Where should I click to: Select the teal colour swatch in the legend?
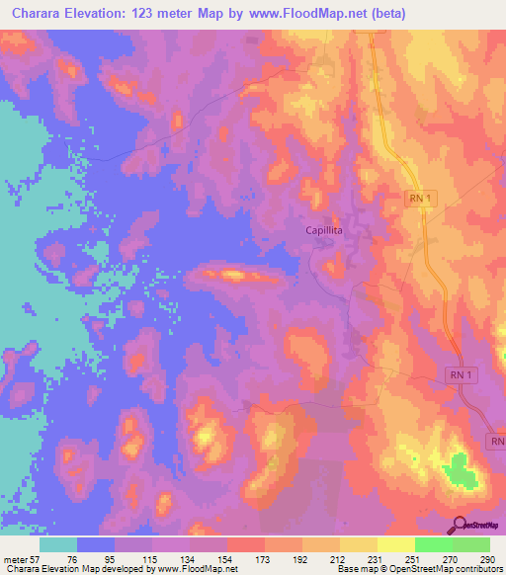click(x=58, y=544)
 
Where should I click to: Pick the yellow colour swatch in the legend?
click(x=358, y=544)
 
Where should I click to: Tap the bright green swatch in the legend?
click(x=433, y=544)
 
